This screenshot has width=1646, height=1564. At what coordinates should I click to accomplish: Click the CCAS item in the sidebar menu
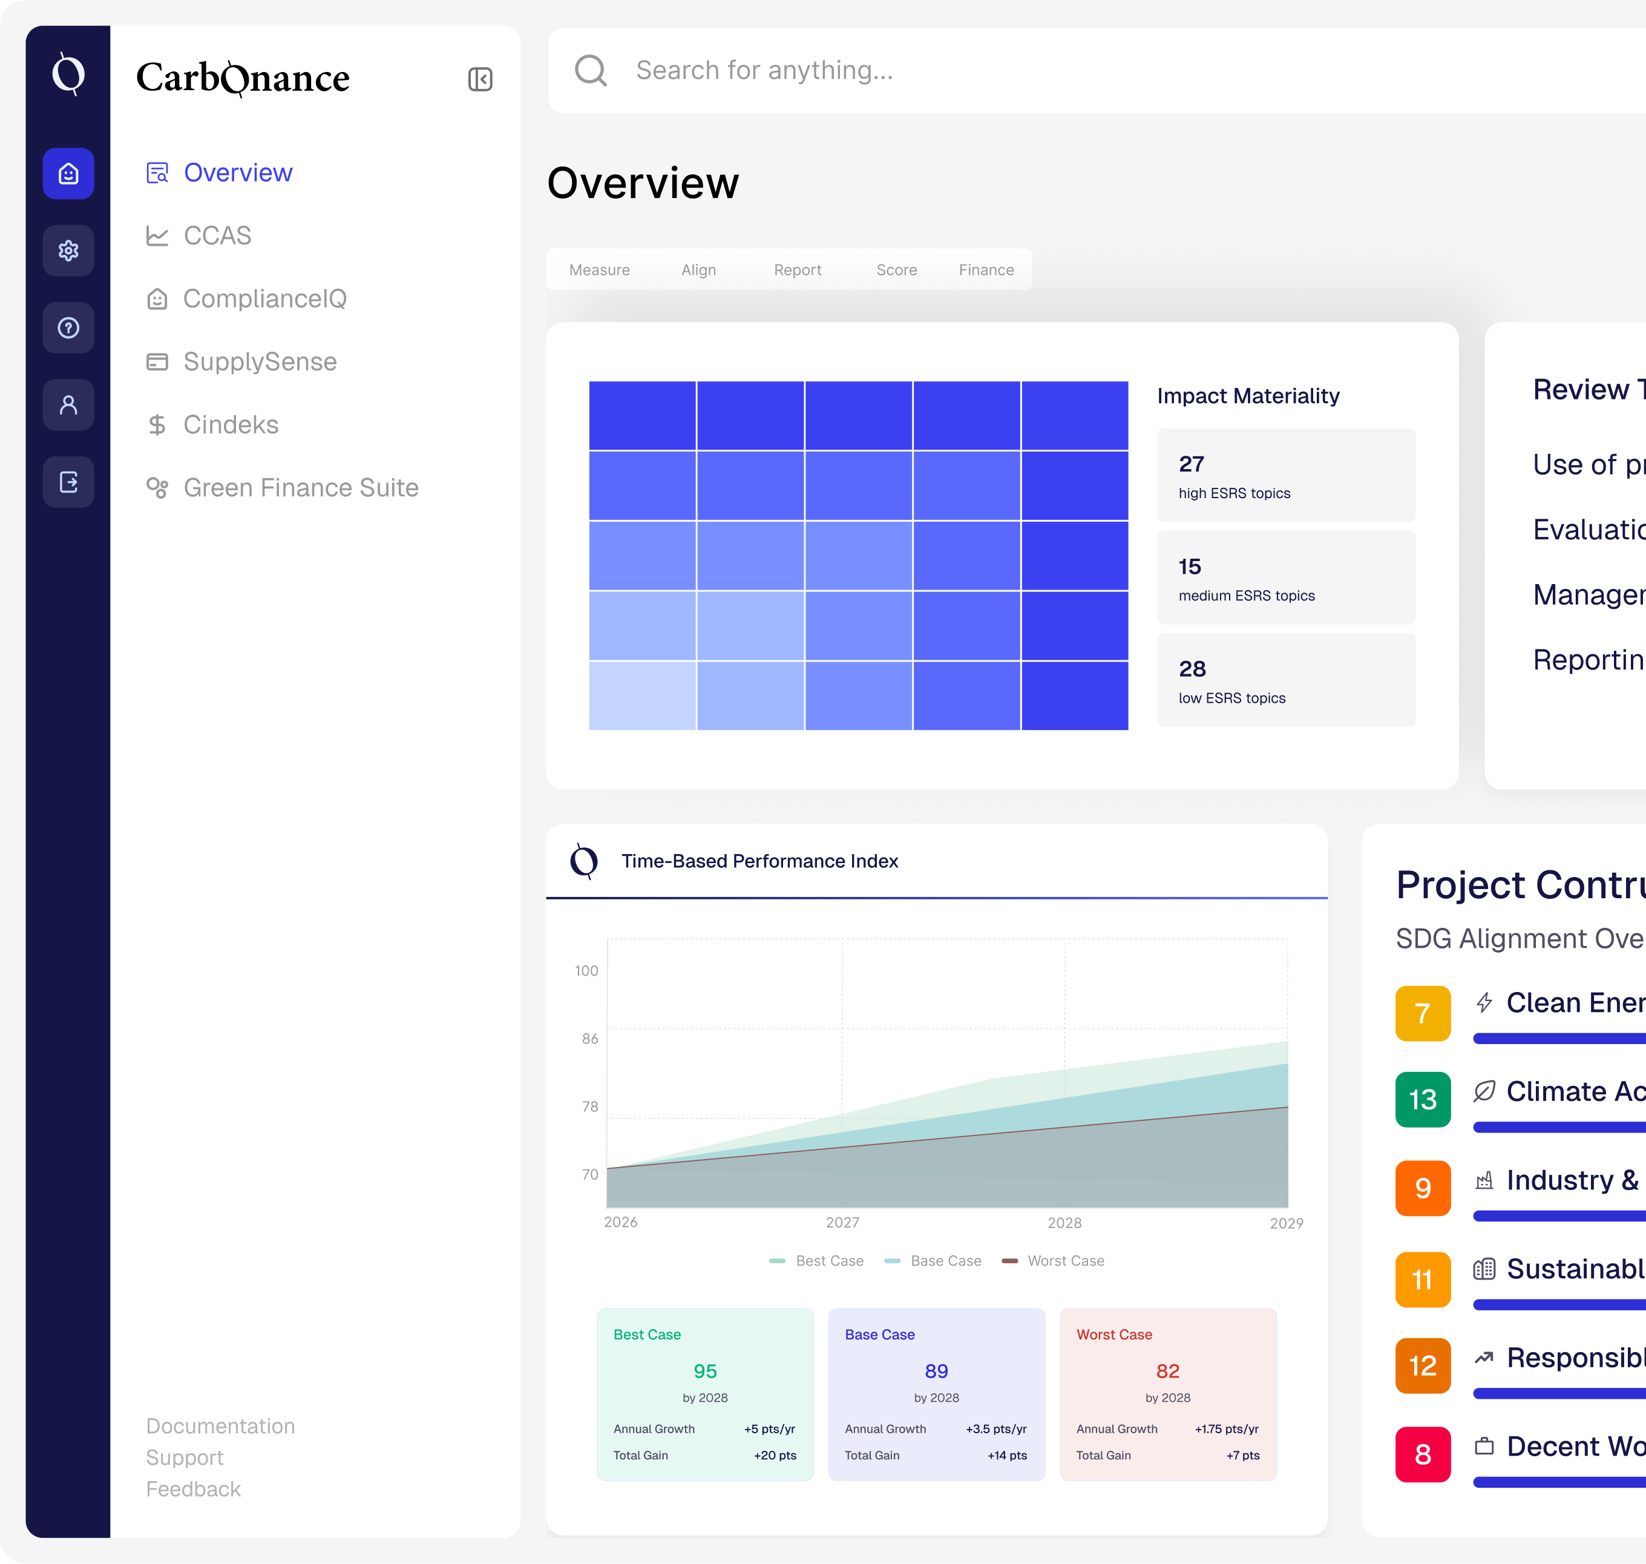tap(217, 236)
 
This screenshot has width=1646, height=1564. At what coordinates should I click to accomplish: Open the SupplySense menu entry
tap(259, 362)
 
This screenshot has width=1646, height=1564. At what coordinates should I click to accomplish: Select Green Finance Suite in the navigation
tap(300, 488)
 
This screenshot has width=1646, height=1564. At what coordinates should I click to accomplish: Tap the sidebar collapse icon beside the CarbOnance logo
tap(480, 79)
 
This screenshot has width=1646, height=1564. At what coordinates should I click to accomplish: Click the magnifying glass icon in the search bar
tap(591, 71)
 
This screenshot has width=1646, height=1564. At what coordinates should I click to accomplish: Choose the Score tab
tap(896, 270)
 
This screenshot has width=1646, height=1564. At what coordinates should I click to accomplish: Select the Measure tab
tap(599, 270)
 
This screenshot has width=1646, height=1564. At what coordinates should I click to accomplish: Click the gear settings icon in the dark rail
tap(68, 250)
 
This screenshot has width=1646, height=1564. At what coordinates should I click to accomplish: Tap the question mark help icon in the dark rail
tap(68, 327)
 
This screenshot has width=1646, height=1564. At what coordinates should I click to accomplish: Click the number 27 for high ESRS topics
tap(1191, 464)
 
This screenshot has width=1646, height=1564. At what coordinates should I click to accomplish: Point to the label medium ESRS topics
tap(1246, 595)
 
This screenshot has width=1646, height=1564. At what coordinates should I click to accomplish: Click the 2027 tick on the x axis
tap(842, 1222)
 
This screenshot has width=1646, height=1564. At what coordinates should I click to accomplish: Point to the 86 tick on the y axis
tap(589, 1039)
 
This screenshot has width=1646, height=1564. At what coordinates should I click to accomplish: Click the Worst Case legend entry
tap(1064, 1261)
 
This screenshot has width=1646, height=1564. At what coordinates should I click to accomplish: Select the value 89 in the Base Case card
tap(936, 1370)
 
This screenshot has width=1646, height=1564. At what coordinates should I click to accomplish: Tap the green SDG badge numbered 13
tap(1423, 1099)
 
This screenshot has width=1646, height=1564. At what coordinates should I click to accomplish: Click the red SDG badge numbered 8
tap(1423, 1454)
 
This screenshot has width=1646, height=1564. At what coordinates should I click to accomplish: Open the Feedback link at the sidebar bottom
tap(194, 1489)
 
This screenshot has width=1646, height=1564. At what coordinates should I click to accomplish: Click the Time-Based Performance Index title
tap(759, 861)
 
